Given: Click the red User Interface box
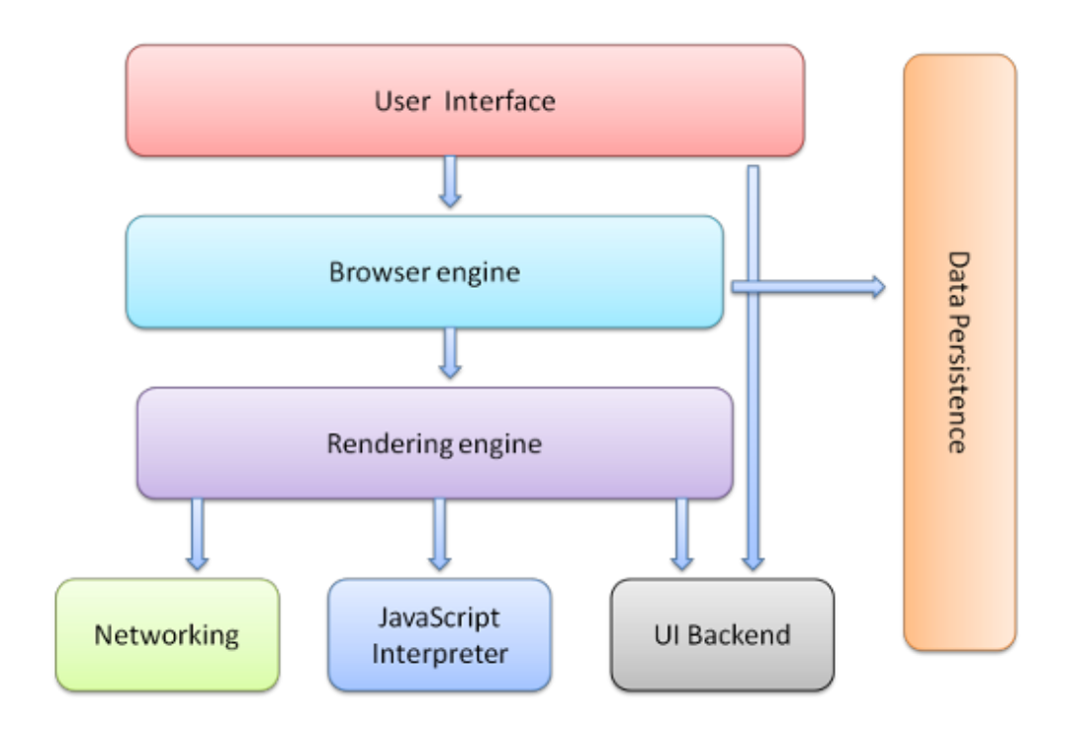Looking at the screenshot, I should tap(297, 101).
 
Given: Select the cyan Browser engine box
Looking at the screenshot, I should tap(247, 272).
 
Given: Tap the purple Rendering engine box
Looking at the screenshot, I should tap(247, 443).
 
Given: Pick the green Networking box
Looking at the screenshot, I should tap(166, 634).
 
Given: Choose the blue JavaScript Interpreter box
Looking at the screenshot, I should tap(439, 634).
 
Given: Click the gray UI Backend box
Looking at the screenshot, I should tap(722, 634).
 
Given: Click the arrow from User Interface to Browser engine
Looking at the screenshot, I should tap(450, 181).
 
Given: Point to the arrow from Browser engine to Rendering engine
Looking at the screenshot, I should tap(450, 353).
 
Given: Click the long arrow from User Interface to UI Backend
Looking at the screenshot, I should tap(754, 415).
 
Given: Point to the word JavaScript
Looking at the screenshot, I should tap(439, 619).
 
